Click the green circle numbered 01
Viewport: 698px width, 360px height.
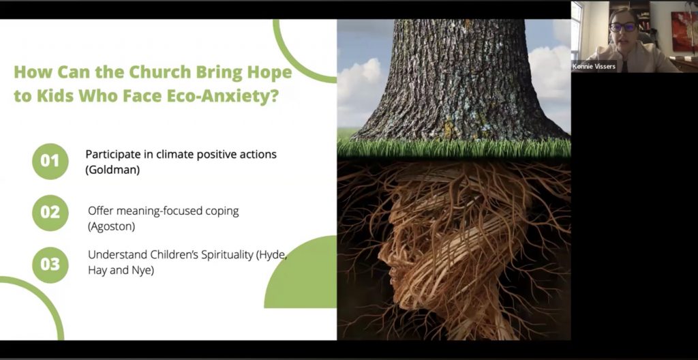tap(50, 162)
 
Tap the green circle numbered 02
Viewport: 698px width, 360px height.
tap(50, 213)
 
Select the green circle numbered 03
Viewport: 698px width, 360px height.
tap(50, 265)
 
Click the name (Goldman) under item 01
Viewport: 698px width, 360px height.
tap(112, 170)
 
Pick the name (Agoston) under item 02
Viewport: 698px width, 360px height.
tap(111, 226)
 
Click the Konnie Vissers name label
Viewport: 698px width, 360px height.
tap(594, 66)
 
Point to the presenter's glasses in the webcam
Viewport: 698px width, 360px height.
tap(623, 27)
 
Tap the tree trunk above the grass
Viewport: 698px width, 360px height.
tap(459, 80)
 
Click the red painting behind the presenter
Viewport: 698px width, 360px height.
tap(684, 31)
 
